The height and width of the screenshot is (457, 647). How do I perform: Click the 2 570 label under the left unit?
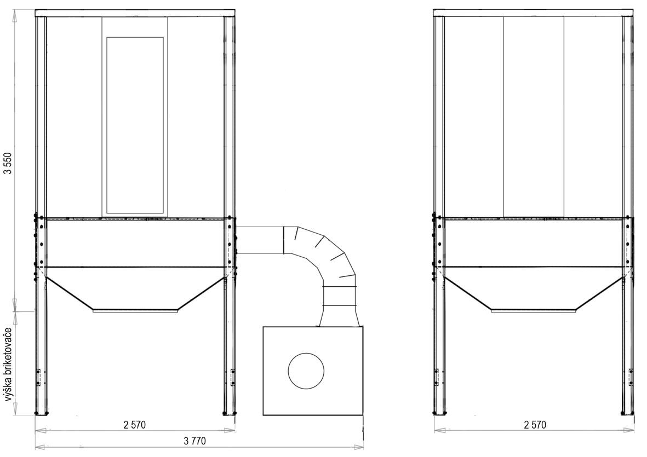135,425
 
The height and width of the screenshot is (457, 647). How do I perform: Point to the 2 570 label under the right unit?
535,425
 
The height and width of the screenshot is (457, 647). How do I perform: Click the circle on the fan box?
306,370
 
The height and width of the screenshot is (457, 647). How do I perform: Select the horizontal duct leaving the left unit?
259,240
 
